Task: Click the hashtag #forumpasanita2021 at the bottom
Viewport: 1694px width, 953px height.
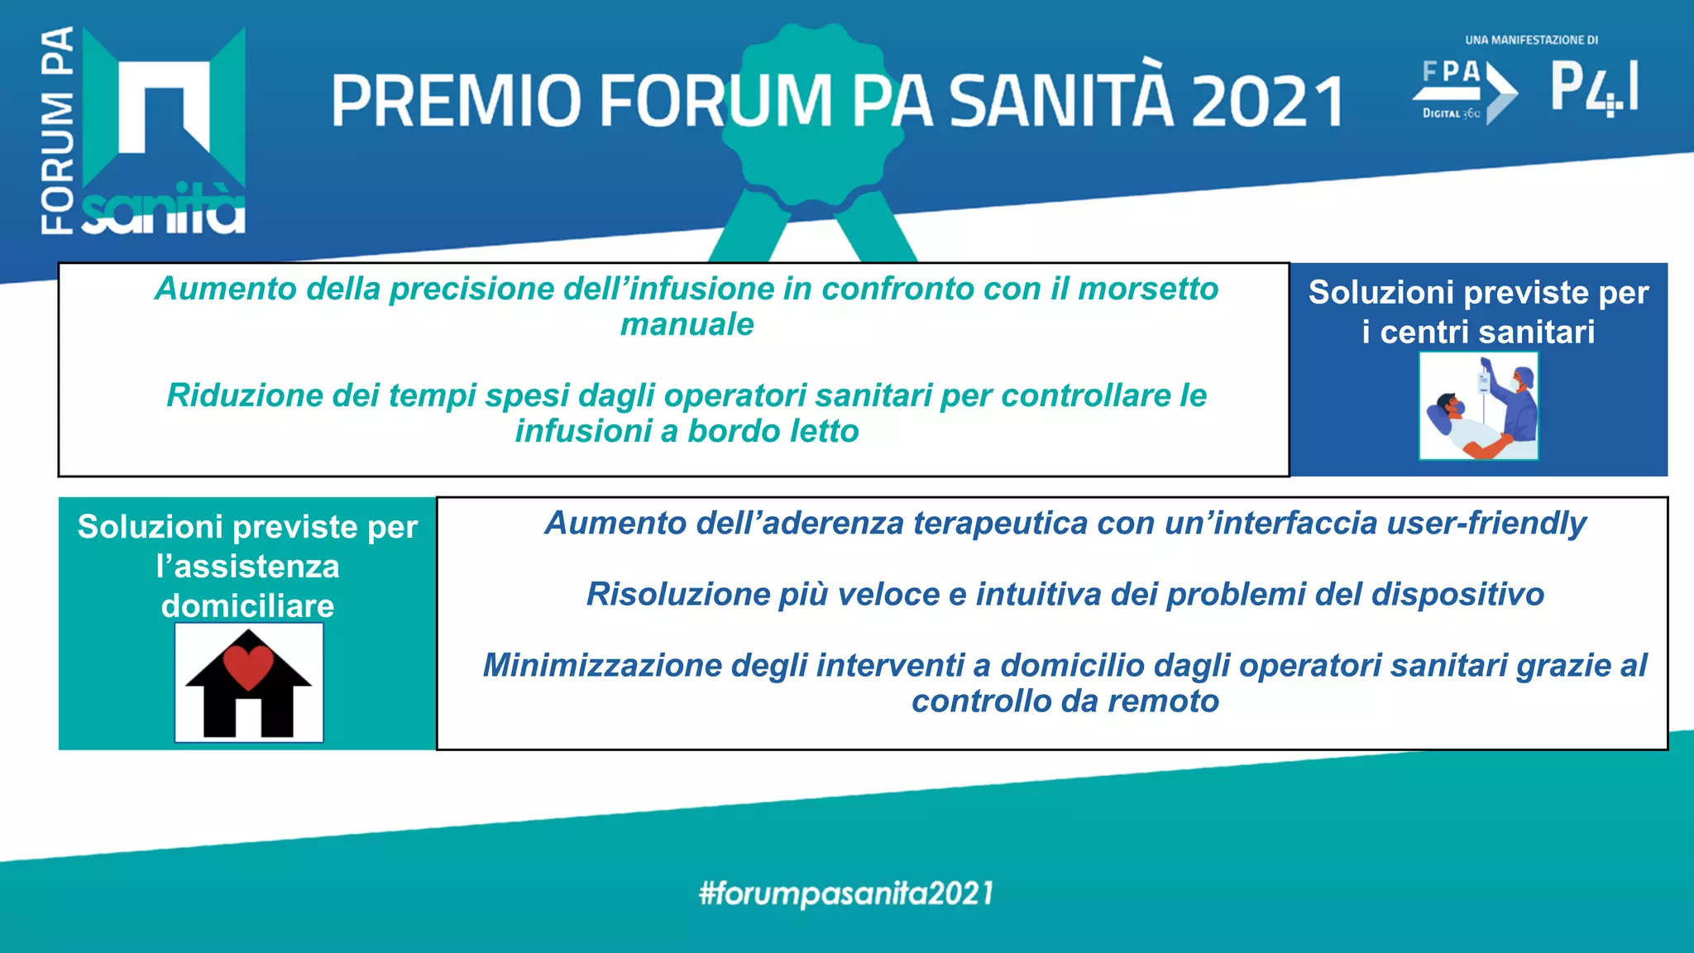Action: click(846, 893)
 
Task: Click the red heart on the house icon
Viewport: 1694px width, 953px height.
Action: click(249, 665)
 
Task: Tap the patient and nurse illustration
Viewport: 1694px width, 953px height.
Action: click(1479, 405)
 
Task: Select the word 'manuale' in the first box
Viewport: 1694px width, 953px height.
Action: click(687, 324)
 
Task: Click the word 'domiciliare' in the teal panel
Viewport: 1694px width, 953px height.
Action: click(248, 606)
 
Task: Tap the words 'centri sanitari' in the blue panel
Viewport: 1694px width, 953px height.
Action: click(1487, 332)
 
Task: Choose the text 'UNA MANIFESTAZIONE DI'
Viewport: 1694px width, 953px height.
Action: click(1531, 40)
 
